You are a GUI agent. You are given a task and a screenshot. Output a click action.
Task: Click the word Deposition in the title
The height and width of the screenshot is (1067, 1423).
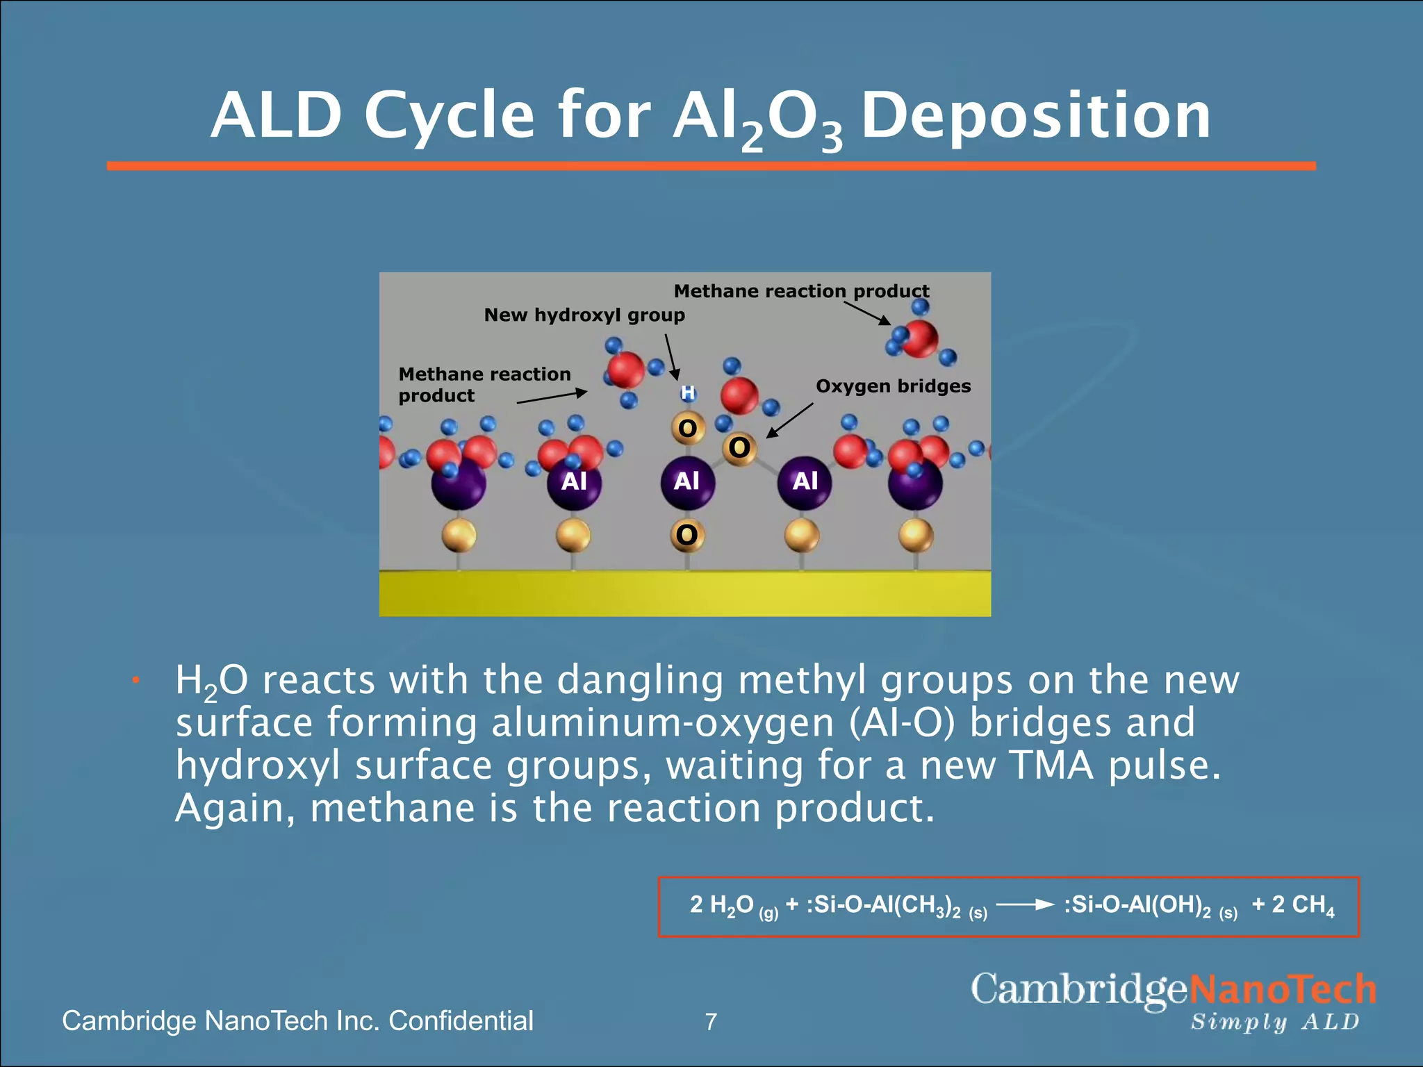click(1035, 116)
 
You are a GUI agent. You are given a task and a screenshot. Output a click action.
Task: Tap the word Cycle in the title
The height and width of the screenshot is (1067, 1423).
click(449, 116)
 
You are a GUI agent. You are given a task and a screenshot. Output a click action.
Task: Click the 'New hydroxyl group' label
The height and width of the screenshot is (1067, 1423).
click(584, 315)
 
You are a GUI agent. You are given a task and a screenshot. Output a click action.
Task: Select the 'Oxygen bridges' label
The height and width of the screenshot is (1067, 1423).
click(893, 386)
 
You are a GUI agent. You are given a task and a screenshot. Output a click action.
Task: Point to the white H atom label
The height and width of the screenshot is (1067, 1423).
click(688, 393)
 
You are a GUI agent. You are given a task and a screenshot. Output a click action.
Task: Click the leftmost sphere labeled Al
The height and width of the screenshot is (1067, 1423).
click(574, 481)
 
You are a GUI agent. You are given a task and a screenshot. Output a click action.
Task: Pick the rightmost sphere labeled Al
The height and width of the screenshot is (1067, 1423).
click(805, 481)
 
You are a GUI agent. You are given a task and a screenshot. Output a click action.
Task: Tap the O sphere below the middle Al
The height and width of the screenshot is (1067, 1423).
click(686, 535)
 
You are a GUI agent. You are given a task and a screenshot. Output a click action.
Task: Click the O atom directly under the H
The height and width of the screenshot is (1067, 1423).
click(687, 428)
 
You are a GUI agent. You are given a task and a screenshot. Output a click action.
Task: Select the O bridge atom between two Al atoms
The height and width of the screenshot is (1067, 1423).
click(739, 448)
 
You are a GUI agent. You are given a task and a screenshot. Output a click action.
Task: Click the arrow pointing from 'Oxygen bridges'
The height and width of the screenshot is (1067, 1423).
click(789, 420)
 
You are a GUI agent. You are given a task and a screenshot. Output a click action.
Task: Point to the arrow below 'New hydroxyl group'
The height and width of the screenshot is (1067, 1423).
click(671, 356)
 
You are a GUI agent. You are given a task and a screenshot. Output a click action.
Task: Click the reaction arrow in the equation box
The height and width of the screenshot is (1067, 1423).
click(1025, 904)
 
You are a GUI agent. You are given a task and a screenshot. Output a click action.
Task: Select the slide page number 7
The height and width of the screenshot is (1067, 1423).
click(711, 1022)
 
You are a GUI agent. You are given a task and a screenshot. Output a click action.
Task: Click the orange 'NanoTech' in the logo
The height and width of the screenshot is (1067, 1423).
click(1283, 989)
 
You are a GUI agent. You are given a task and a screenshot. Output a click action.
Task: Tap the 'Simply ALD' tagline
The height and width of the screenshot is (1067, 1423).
click(1274, 1022)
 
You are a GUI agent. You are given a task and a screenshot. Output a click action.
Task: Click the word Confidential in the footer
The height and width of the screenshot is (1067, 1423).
click(461, 1021)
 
